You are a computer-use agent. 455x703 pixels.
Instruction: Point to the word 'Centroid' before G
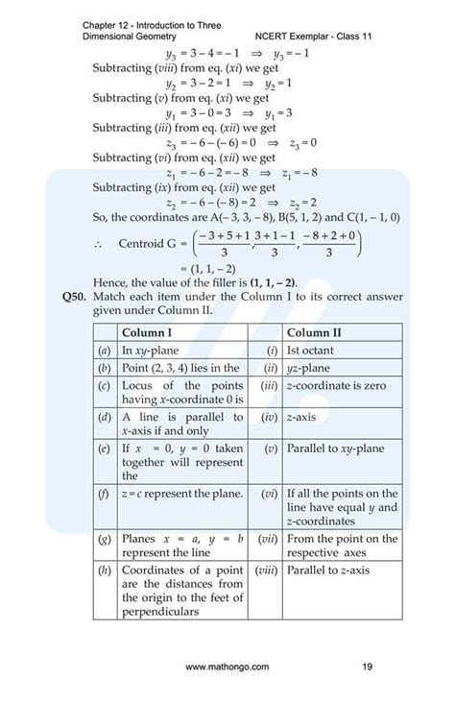(145, 244)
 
